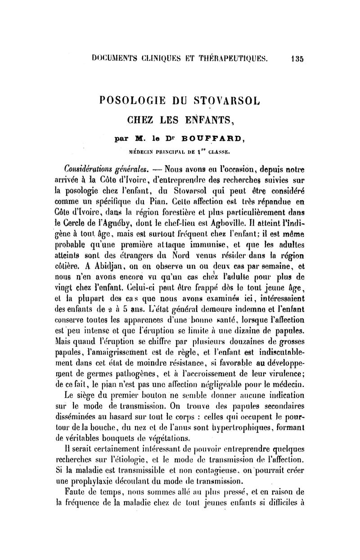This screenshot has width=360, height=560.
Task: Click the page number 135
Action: coord(297,58)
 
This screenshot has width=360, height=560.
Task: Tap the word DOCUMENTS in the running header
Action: coord(115,58)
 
